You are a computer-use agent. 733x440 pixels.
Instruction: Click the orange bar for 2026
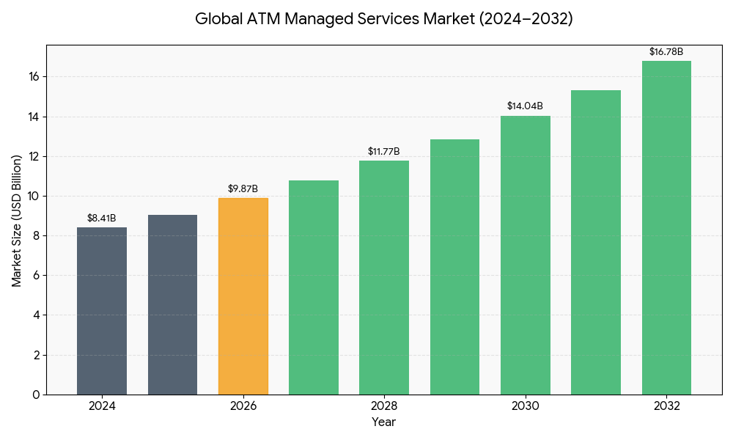coord(243,296)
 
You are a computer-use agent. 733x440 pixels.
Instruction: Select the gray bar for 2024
coord(102,311)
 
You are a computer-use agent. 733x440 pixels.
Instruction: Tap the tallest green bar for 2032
coord(666,227)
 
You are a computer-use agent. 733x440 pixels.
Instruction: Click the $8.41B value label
coord(102,218)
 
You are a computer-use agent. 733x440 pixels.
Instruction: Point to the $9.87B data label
coord(243,189)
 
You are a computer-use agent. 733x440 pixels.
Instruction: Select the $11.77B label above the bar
coord(384,152)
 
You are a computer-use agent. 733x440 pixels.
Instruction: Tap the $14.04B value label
coord(526,106)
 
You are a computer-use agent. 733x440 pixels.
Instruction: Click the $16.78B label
coord(666,52)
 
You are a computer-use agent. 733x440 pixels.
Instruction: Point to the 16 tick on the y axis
coord(34,77)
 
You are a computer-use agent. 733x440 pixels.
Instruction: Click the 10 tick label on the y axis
coord(34,197)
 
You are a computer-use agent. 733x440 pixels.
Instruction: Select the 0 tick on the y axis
coord(37,395)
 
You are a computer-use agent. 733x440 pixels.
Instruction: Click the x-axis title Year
coord(384,422)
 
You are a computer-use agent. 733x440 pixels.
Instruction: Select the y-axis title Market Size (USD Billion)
coord(16,220)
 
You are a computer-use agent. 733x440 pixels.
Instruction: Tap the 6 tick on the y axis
coord(37,276)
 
